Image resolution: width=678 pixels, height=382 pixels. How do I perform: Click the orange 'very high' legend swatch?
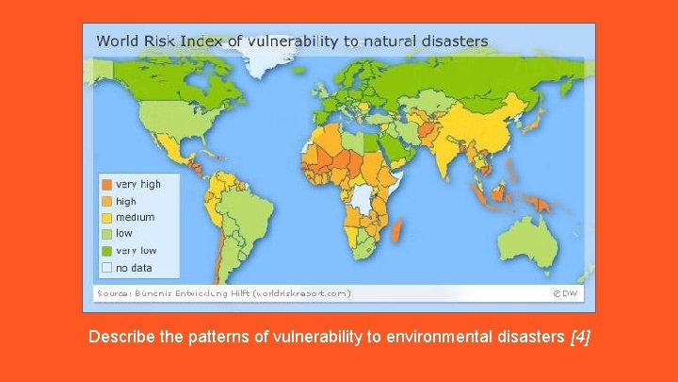(107, 184)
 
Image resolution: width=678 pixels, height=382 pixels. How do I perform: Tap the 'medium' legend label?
(135, 218)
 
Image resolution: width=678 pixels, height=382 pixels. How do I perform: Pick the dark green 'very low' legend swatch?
(107, 251)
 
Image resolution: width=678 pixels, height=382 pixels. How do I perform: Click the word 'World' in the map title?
(118, 41)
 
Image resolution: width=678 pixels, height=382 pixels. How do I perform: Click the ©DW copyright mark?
(567, 293)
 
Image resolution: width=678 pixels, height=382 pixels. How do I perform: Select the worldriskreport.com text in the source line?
(302, 293)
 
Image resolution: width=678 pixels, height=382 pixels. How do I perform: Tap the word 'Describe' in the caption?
(120, 337)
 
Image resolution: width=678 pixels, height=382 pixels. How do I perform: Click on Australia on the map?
(533, 235)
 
